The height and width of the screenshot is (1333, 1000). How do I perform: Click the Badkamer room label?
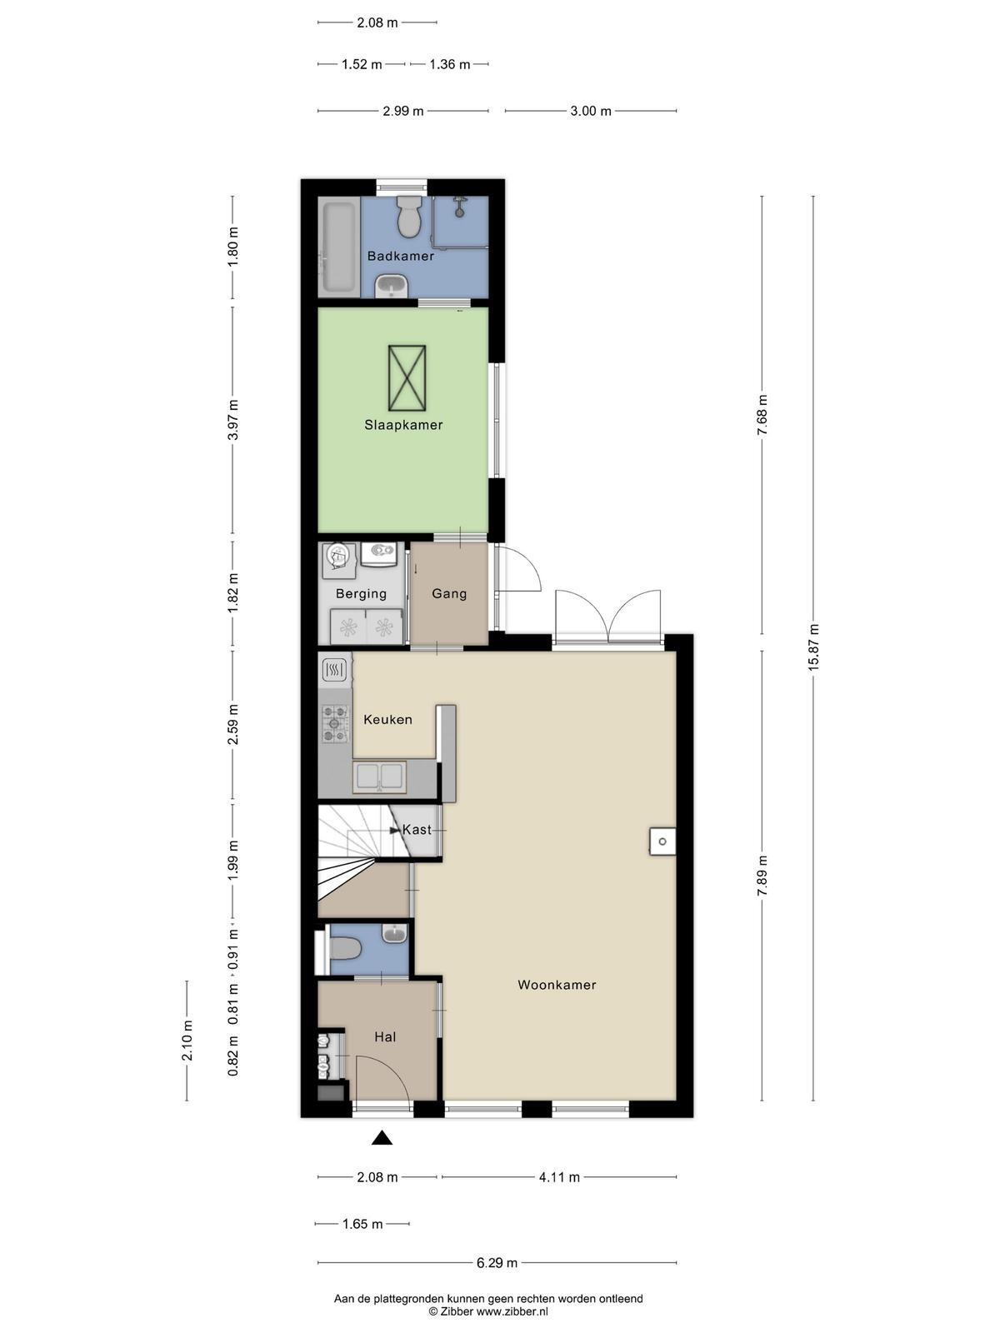pos(401,257)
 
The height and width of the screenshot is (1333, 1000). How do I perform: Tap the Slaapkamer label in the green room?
pos(403,425)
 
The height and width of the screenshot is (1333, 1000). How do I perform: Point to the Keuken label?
pos(387,720)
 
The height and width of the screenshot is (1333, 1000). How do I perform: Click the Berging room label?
pos(362,594)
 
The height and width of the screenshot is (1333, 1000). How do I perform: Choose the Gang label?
pos(449,594)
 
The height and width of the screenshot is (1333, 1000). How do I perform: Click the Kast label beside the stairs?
pos(417,830)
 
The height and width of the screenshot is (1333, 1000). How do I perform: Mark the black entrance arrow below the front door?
pos(382,1138)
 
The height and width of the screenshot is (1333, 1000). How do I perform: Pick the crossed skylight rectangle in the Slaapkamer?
pos(407,377)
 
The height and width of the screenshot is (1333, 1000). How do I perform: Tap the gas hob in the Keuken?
pos(334,723)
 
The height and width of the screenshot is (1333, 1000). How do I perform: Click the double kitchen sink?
pos(379,776)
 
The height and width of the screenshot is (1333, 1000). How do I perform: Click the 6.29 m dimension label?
pos(497,1263)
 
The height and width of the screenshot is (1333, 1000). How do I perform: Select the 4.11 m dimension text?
pos(559,1177)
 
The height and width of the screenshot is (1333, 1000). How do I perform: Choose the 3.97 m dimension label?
pos(233,420)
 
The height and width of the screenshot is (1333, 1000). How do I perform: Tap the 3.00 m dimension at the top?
pos(591,111)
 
